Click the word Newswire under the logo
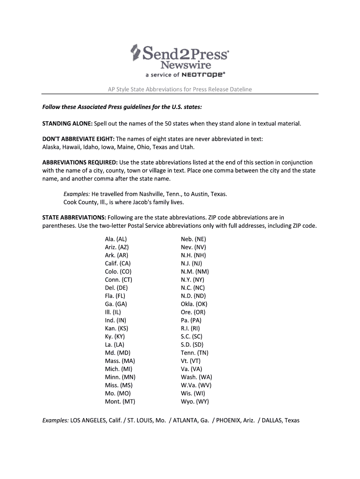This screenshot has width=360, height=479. (186, 65)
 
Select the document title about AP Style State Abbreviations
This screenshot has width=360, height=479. (180, 89)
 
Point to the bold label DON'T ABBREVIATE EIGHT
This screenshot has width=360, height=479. (78, 139)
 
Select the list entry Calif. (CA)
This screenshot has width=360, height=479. (118, 263)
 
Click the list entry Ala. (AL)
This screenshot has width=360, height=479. (116, 239)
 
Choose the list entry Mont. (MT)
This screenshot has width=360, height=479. (120, 401)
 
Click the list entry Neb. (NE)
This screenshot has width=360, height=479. (194, 239)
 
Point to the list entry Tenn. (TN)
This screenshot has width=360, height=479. (194, 353)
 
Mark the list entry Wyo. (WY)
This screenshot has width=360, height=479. (195, 401)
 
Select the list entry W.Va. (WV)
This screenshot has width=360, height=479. (196, 385)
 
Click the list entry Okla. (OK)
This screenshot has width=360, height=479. (194, 304)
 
